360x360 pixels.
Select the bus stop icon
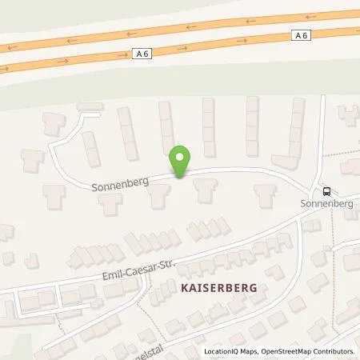(326, 191)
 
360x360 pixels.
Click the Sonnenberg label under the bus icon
(326, 204)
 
